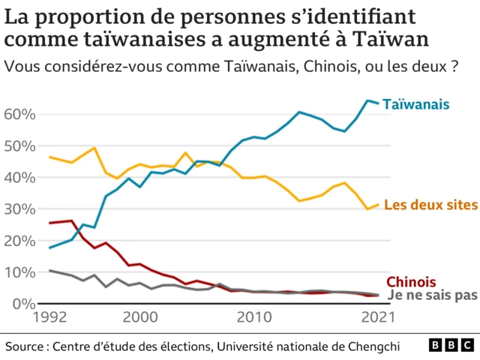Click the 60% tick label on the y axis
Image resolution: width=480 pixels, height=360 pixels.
(x=20, y=115)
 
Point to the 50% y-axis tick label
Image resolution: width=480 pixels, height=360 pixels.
(x=20, y=146)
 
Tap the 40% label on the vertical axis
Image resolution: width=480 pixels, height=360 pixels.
(x=20, y=178)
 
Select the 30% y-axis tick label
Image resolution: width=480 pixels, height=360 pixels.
(x=20, y=209)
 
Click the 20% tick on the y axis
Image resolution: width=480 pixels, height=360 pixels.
(x=20, y=241)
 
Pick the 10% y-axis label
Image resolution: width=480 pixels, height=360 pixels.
(x=20, y=272)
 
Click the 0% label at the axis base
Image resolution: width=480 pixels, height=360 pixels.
(x=25, y=303)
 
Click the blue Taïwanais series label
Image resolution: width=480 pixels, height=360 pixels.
(x=416, y=104)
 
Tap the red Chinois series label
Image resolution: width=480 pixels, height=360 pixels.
(x=411, y=281)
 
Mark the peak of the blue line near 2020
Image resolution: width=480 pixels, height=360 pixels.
(x=367, y=100)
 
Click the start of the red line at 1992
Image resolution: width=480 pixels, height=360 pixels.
(x=49, y=223)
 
